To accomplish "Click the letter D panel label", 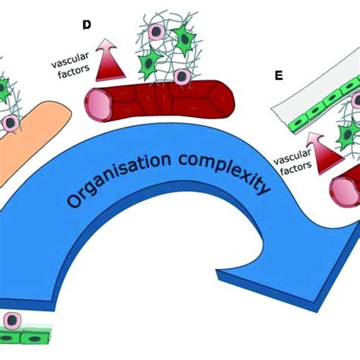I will (87, 25).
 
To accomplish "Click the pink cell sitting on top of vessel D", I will (182, 77).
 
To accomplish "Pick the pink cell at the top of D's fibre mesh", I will (156, 33).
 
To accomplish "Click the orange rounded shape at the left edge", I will (30, 144).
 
